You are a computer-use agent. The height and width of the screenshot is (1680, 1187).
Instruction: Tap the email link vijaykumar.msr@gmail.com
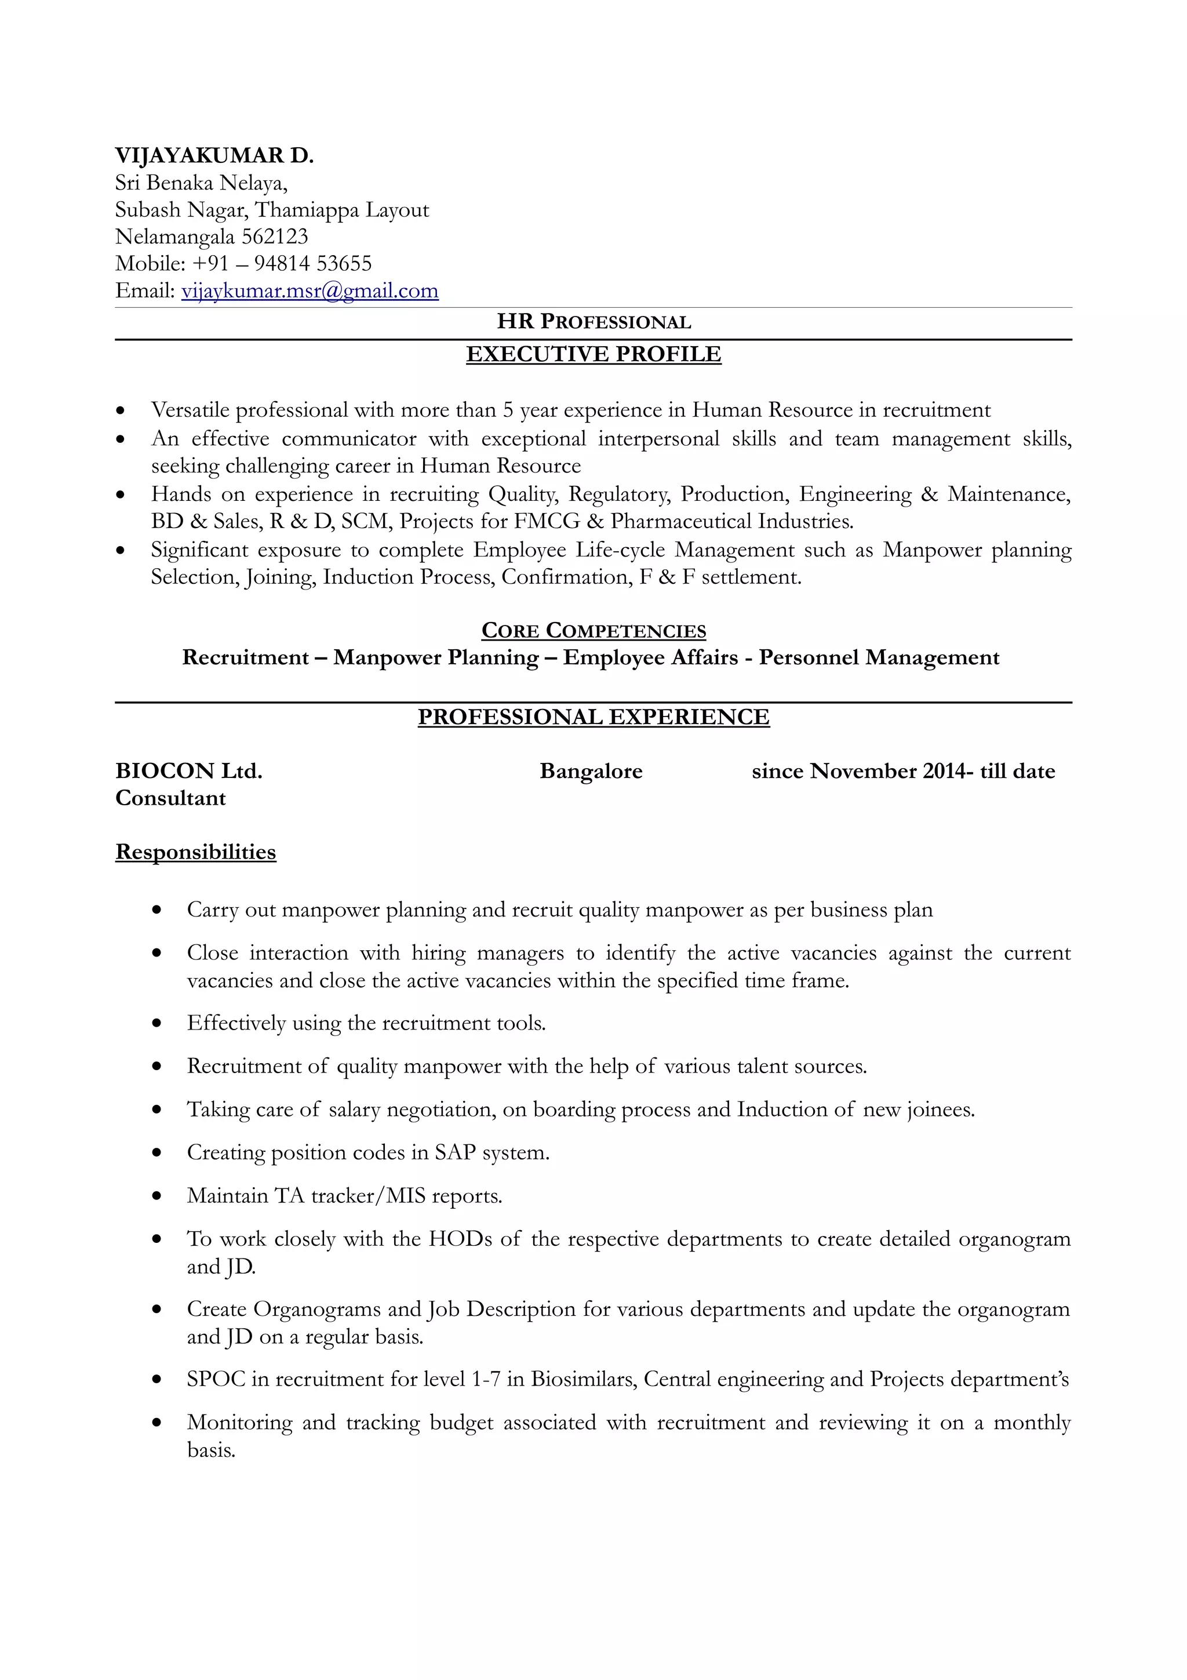tap(310, 290)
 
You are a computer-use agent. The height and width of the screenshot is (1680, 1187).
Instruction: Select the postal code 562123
tap(274, 237)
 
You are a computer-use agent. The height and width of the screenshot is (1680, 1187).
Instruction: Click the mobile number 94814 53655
tap(312, 263)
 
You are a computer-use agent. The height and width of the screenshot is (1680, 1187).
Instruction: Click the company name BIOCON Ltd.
tap(189, 770)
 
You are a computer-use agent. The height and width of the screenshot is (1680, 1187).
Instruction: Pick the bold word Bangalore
tap(591, 770)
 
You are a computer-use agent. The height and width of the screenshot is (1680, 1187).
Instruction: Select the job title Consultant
tap(170, 798)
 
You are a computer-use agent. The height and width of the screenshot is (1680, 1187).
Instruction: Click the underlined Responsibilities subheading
tap(195, 852)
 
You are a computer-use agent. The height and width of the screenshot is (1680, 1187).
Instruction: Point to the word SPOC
tap(216, 1379)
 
